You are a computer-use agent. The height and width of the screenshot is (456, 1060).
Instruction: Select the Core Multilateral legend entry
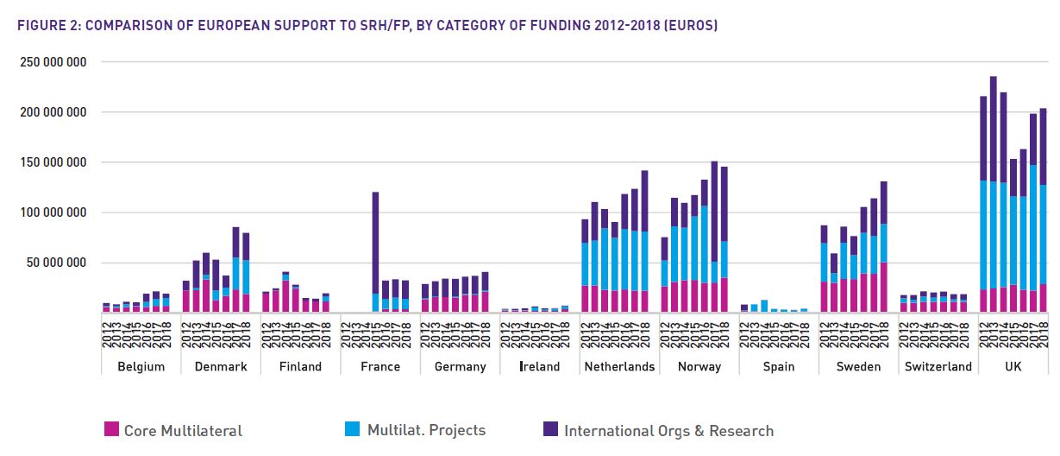point(172,430)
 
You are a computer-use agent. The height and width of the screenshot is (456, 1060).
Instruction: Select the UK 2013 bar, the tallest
point(993,190)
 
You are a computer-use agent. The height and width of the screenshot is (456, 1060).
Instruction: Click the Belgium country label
point(141,366)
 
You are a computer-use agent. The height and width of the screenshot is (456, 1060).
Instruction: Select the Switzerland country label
point(938,366)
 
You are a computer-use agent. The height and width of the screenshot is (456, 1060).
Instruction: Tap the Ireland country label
point(540,366)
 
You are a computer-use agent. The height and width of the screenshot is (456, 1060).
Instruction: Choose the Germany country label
point(460,366)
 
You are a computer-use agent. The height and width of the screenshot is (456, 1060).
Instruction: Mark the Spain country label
point(779,366)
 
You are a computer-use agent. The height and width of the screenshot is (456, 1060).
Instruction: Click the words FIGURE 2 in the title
point(48,26)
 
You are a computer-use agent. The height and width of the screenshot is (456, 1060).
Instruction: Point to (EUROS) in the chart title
point(690,26)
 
